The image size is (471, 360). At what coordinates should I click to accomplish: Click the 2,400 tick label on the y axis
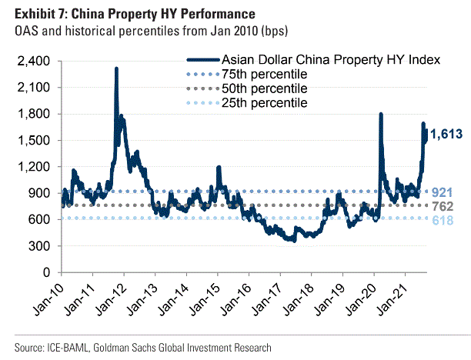(34, 62)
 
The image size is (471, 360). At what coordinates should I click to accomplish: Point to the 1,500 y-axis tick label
(34, 141)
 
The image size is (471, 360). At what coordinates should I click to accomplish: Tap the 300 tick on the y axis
(40, 246)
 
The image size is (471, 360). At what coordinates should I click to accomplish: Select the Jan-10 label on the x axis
(48, 300)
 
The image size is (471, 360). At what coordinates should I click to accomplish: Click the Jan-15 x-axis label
(204, 300)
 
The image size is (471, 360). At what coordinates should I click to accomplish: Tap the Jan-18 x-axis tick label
(297, 300)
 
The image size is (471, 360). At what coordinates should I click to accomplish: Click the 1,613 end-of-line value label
(446, 135)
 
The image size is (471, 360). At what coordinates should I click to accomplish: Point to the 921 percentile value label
(442, 192)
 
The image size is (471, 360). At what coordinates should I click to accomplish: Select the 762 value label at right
(442, 206)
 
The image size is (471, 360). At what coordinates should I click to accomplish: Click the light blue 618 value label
(442, 221)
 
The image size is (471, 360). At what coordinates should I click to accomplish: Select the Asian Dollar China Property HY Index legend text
(330, 60)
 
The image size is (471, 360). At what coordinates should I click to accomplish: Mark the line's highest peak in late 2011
(116, 68)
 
